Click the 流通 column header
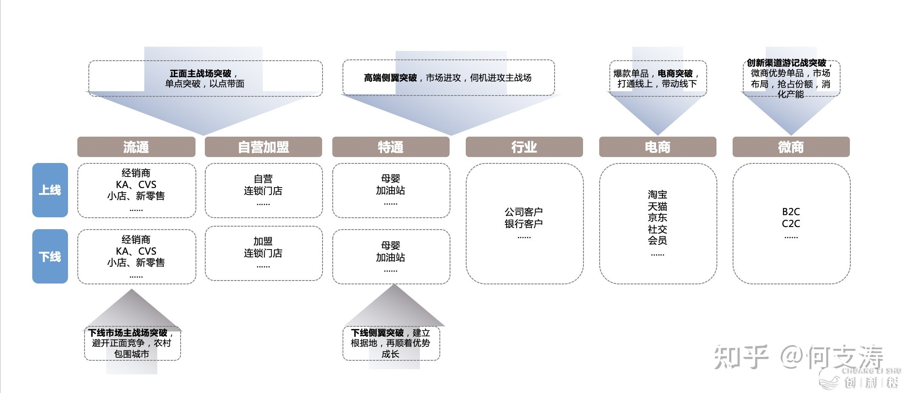(x=136, y=147)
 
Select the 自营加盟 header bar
(x=263, y=147)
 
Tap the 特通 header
(x=391, y=147)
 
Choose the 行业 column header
(x=524, y=147)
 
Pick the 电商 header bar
(x=657, y=147)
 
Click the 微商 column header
(x=791, y=147)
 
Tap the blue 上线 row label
(x=50, y=190)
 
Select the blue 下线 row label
(x=50, y=256)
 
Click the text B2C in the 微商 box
(x=791, y=212)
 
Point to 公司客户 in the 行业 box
(x=524, y=212)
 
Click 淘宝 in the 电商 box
(x=657, y=195)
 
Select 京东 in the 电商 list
(x=657, y=218)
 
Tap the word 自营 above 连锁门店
(x=263, y=179)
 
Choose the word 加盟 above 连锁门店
(x=263, y=241)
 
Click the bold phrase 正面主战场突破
(x=201, y=73)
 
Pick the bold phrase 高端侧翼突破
(x=390, y=78)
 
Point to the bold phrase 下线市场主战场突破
(x=127, y=333)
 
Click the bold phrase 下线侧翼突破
(x=377, y=333)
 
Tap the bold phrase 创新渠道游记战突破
(x=786, y=63)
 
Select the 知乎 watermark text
(x=741, y=357)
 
